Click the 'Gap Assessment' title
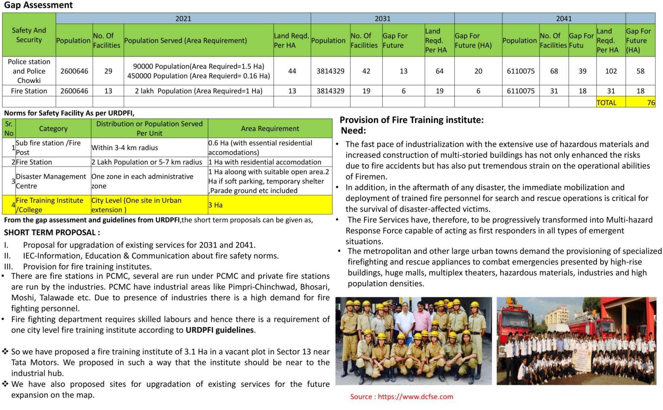38,5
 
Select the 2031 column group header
382,18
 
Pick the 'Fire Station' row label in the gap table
29,91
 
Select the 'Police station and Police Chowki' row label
29,71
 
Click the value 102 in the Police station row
611,71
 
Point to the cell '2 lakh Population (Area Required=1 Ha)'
199,91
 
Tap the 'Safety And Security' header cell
29,35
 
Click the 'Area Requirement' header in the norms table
270,129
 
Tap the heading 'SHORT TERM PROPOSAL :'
52,233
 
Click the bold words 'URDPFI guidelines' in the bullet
220,330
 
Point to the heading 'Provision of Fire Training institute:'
411,120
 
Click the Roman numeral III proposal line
87,267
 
